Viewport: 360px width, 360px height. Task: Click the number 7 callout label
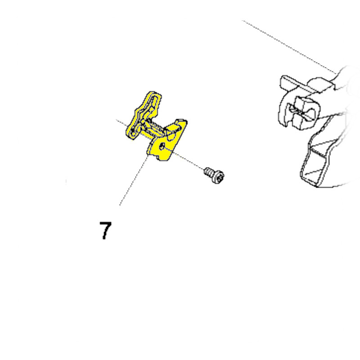(x=106, y=230)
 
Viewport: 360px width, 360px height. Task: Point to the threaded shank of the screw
(x=208, y=172)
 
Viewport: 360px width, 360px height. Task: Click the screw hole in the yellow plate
(x=162, y=146)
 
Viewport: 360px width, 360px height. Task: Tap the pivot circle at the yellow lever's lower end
(x=132, y=131)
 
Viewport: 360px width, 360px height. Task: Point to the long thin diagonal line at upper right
(x=290, y=47)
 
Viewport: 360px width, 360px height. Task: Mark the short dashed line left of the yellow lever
(x=122, y=123)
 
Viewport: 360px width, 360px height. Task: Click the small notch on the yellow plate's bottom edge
(x=157, y=157)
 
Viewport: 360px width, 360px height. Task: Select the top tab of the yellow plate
(x=181, y=121)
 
